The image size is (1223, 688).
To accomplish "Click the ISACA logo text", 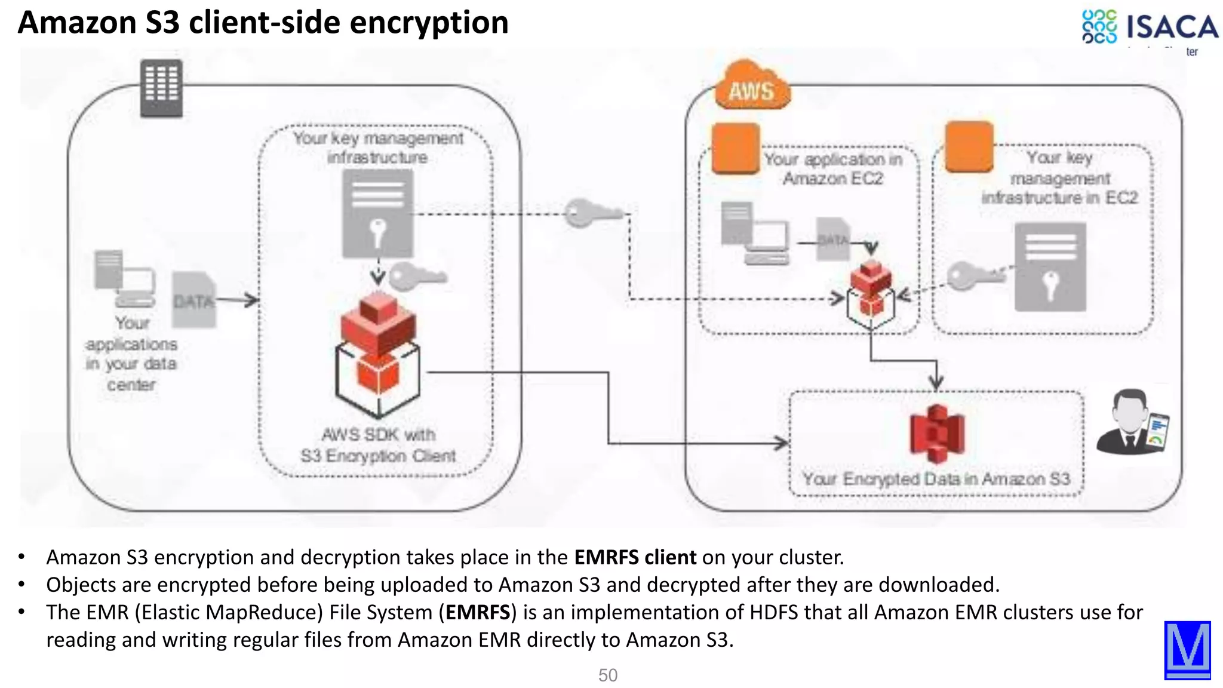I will pyautogui.click(x=1172, y=27).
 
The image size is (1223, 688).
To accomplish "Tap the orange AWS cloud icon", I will pyautogui.click(x=752, y=87).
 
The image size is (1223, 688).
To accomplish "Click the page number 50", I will pyautogui.click(x=607, y=675).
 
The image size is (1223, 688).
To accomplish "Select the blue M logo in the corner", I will pyautogui.click(x=1187, y=650).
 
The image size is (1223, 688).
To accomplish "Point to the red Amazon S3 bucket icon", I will pyautogui.click(x=936, y=434).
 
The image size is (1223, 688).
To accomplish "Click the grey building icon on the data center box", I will pyautogui.click(x=161, y=88).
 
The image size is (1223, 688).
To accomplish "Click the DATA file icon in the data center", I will pyautogui.click(x=193, y=300).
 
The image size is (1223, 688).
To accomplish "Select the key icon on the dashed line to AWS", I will pyautogui.click(x=591, y=213).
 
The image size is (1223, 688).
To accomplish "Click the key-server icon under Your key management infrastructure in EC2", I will pyautogui.click(x=1050, y=266).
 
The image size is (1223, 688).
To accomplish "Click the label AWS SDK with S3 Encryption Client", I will pyautogui.click(x=378, y=445).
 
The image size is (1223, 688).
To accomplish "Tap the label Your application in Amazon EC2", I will pyautogui.click(x=833, y=168).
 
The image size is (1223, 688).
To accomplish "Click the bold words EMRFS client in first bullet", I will pyautogui.click(x=635, y=557).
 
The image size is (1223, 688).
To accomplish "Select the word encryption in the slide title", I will pyautogui.click(x=429, y=23).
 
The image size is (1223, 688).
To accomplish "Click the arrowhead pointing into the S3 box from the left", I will pyautogui.click(x=782, y=443).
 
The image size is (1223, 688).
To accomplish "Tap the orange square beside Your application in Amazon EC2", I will pyautogui.click(x=736, y=148).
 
